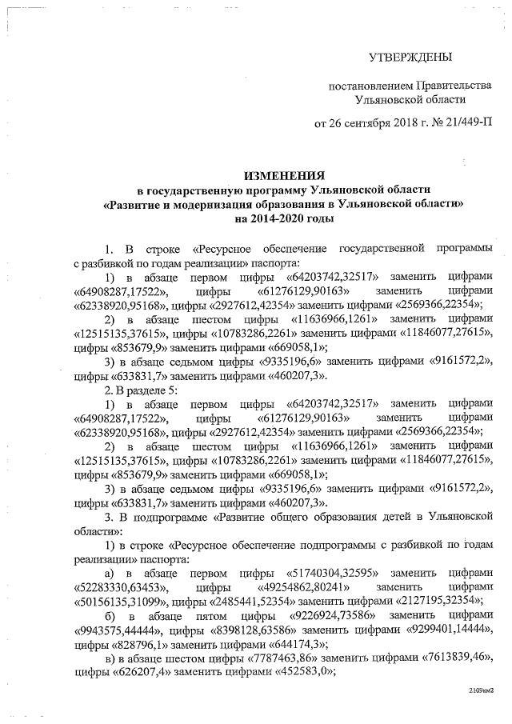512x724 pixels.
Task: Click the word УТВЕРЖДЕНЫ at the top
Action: click(x=410, y=57)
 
